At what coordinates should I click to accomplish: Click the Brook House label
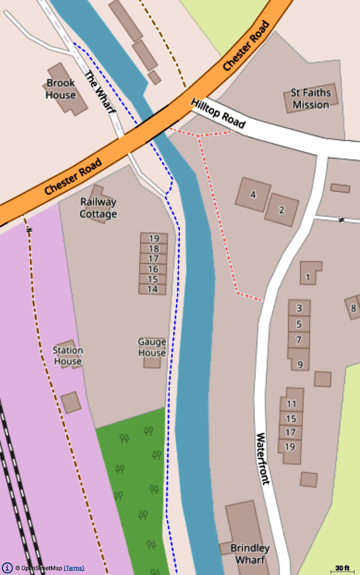click(x=61, y=89)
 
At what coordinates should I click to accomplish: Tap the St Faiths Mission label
click(x=310, y=99)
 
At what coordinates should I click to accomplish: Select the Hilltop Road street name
click(x=218, y=113)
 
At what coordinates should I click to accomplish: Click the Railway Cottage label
click(x=98, y=208)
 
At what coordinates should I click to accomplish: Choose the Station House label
click(x=68, y=356)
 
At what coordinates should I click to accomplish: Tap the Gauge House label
click(x=152, y=348)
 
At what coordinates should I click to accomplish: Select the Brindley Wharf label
click(x=250, y=554)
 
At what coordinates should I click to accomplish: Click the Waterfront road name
click(x=263, y=459)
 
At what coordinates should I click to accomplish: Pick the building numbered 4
click(x=253, y=194)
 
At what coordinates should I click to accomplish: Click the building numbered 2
click(x=281, y=210)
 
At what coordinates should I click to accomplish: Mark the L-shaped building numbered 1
click(x=308, y=277)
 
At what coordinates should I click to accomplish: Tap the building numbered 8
click(x=353, y=309)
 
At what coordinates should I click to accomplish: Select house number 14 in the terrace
click(x=152, y=289)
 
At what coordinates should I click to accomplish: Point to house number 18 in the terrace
click(x=153, y=248)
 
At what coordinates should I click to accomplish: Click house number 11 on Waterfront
click(x=292, y=403)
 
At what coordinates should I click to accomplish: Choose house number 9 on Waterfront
click(x=299, y=364)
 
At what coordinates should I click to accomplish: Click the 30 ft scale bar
click(x=343, y=568)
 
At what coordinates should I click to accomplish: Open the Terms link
click(x=74, y=568)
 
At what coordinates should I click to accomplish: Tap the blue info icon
click(x=7, y=568)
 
